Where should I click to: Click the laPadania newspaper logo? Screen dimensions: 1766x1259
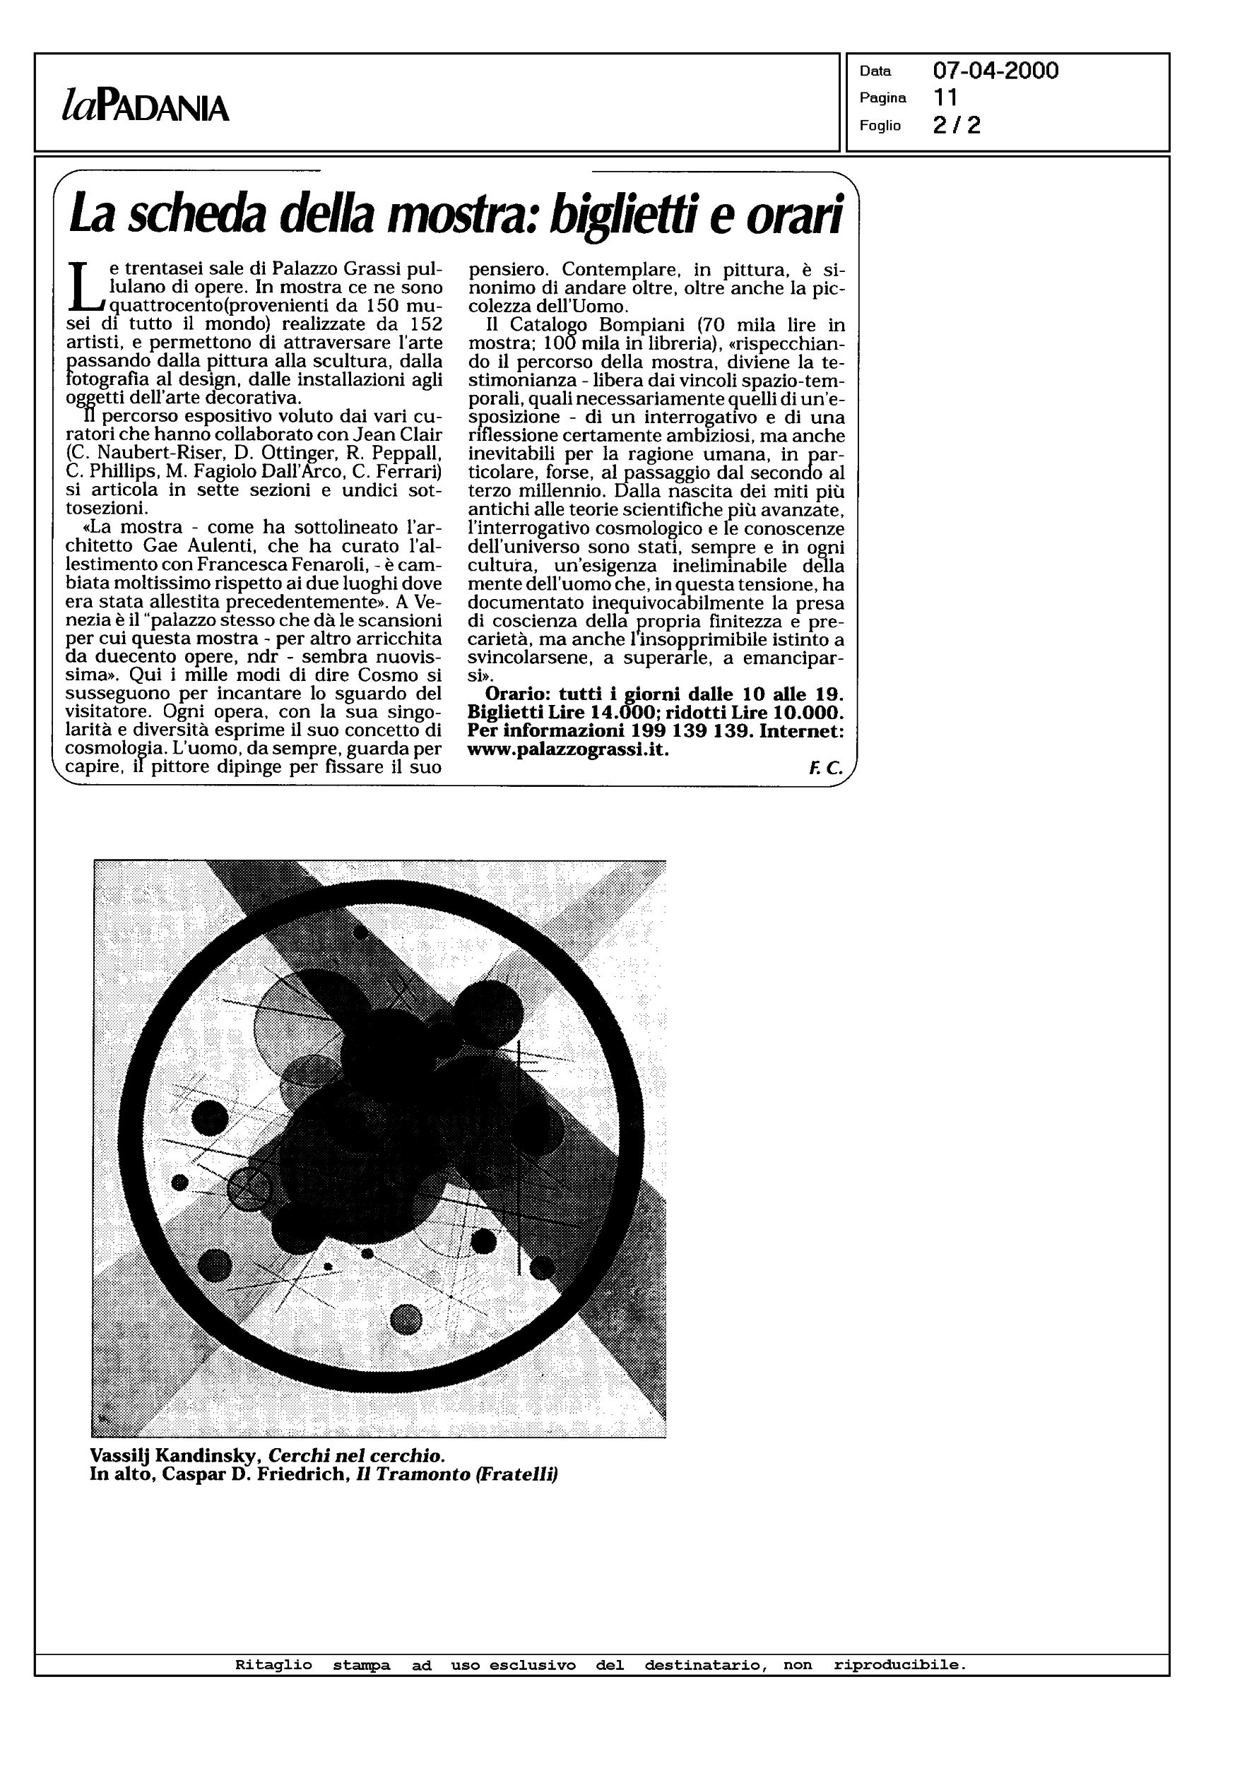(x=146, y=106)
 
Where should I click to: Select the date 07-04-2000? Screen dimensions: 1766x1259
(x=995, y=71)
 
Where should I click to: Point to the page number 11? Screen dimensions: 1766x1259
(x=946, y=97)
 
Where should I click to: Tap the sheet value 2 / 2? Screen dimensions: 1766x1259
(x=957, y=126)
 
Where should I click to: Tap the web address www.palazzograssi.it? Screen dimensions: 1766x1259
(x=567, y=750)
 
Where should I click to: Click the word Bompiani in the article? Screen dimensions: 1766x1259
(x=636, y=326)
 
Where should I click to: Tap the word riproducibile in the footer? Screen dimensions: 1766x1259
(x=899, y=1664)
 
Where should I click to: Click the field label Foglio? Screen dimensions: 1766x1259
(x=880, y=126)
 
